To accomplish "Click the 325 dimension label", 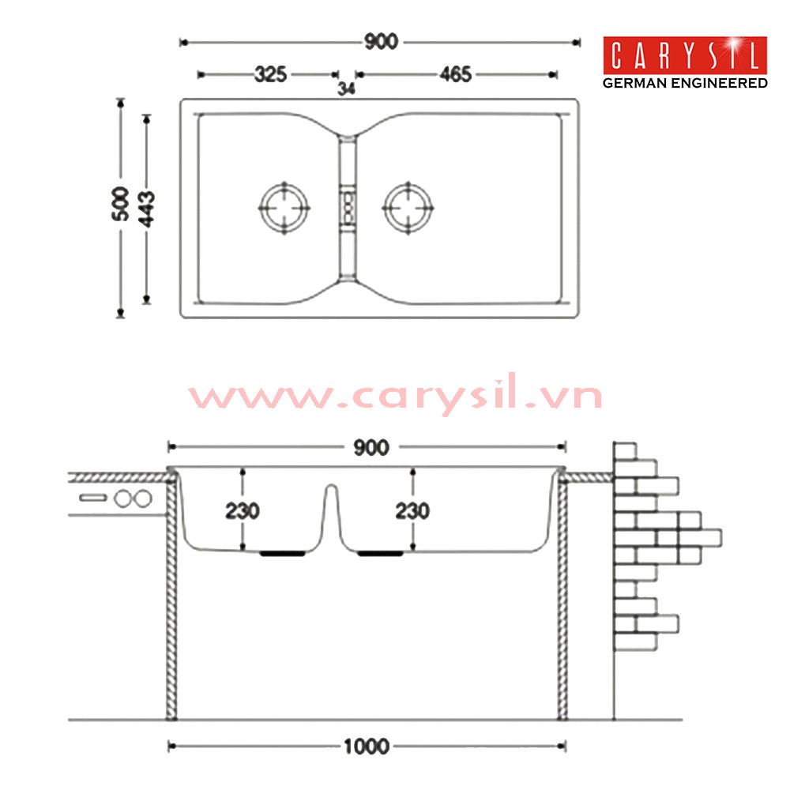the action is (x=270, y=74).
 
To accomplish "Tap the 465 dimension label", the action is (x=456, y=74).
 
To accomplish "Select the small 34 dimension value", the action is (x=346, y=88).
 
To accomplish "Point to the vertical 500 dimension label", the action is (x=120, y=204).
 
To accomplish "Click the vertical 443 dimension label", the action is (x=147, y=209).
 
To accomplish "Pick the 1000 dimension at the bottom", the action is (x=367, y=747).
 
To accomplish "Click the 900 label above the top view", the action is (x=382, y=42).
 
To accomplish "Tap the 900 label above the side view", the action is (x=371, y=447).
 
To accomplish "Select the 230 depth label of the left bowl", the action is (x=243, y=511).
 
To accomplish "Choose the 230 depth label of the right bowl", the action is (x=412, y=511).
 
